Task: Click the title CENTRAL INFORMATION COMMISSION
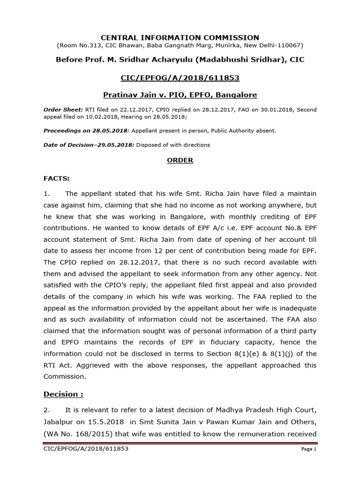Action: (180, 37)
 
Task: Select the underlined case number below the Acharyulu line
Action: (180, 77)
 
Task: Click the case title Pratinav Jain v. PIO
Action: (180, 95)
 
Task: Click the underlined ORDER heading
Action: (180, 160)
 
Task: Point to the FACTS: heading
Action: (56, 179)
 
